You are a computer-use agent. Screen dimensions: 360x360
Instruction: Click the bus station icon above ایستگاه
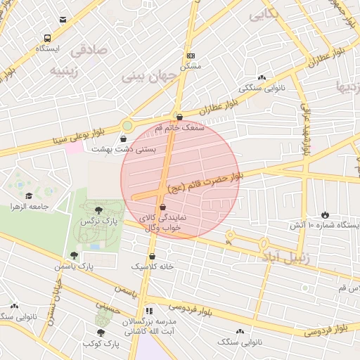click(46, 39)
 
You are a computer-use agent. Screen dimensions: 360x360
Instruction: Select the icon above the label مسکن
click(190, 55)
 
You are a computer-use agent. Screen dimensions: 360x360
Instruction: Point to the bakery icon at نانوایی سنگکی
click(262, 78)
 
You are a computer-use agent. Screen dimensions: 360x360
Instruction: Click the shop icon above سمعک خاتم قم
click(179, 117)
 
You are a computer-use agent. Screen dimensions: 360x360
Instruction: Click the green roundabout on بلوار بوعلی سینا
click(127, 126)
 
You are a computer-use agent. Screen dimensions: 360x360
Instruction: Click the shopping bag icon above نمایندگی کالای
click(163, 207)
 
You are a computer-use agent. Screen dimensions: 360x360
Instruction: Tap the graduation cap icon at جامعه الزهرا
click(29, 195)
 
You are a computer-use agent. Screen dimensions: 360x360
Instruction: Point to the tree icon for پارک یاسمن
click(74, 255)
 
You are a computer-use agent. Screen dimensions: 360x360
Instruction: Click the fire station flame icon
click(326, 214)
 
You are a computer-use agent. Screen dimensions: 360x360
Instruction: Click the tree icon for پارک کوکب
click(101, 333)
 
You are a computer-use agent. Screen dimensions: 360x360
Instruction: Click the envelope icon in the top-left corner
click(64, 20)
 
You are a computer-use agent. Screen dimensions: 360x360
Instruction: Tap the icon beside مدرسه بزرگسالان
click(148, 310)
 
